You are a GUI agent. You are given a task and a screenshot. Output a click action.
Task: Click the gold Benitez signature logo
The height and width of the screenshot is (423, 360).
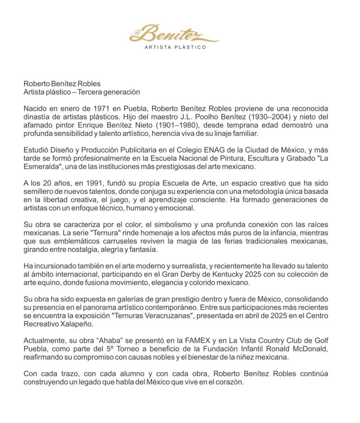(x=175, y=33)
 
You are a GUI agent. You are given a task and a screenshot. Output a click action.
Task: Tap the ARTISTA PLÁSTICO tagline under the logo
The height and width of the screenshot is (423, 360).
(x=175, y=48)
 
